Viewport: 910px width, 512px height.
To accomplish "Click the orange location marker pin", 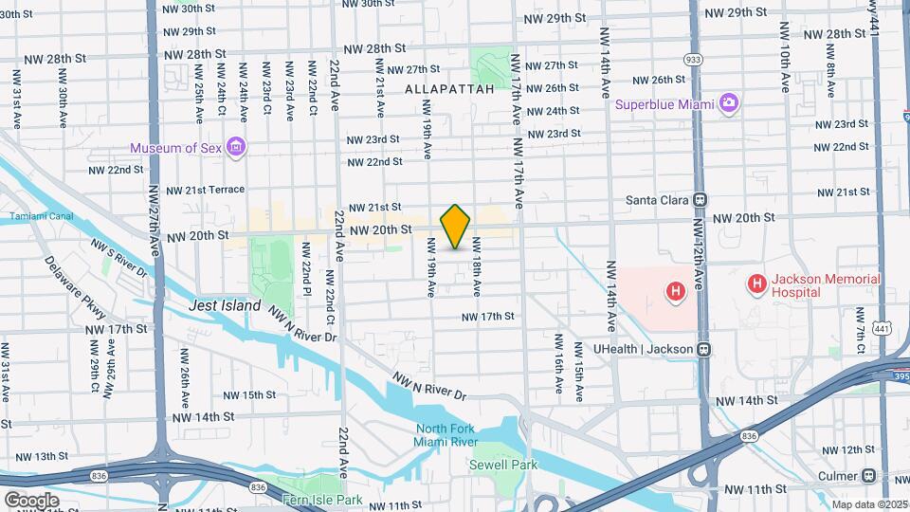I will click(x=456, y=227).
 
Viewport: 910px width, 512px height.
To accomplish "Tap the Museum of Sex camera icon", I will click(x=236, y=147).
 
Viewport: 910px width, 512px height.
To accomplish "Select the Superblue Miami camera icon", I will click(x=728, y=102).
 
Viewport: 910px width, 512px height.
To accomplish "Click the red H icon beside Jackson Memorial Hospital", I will click(x=756, y=283).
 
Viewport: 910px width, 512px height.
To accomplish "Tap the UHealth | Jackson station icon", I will click(x=703, y=348).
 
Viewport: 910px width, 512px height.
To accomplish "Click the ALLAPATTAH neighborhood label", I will click(x=449, y=88).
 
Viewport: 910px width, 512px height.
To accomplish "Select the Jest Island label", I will click(x=225, y=306).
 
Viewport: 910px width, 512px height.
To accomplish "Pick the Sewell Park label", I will click(x=503, y=465).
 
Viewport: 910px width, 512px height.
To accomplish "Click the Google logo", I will click(x=30, y=500).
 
